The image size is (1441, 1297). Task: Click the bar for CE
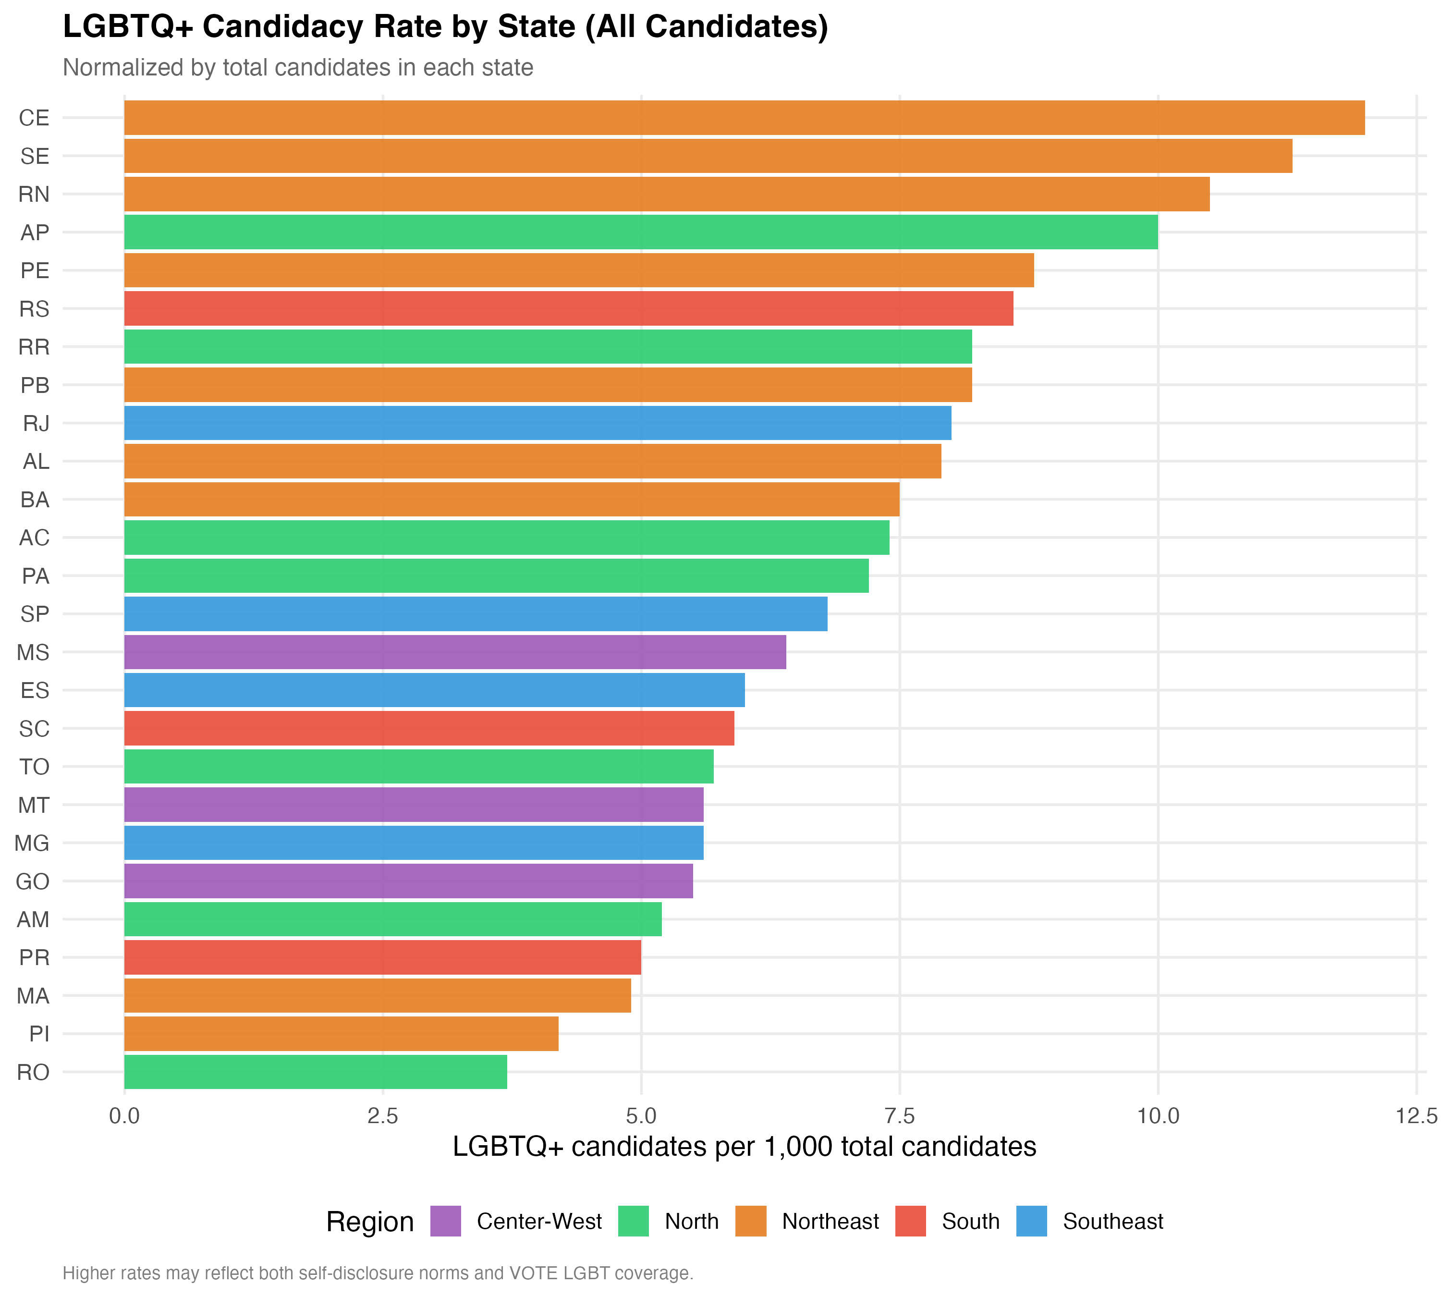coord(744,118)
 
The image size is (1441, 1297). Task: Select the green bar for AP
coord(641,232)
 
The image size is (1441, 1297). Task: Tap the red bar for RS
coord(568,308)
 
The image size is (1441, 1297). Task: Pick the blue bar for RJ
coord(537,423)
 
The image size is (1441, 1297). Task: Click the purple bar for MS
coord(455,652)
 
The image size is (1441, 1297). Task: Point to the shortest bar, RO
coord(315,1072)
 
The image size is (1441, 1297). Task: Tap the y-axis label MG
coord(32,843)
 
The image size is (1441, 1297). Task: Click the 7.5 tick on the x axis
coord(899,1116)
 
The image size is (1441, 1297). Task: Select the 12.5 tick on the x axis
coord(1416,1116)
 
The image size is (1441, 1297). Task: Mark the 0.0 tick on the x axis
coord(125,1116)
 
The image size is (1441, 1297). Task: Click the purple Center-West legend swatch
coord(446,1222)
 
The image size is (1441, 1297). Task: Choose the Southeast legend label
coord(1112,1222)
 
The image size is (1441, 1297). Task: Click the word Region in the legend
coord(370,1222)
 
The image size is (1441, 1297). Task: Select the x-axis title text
coord(744,1147)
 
